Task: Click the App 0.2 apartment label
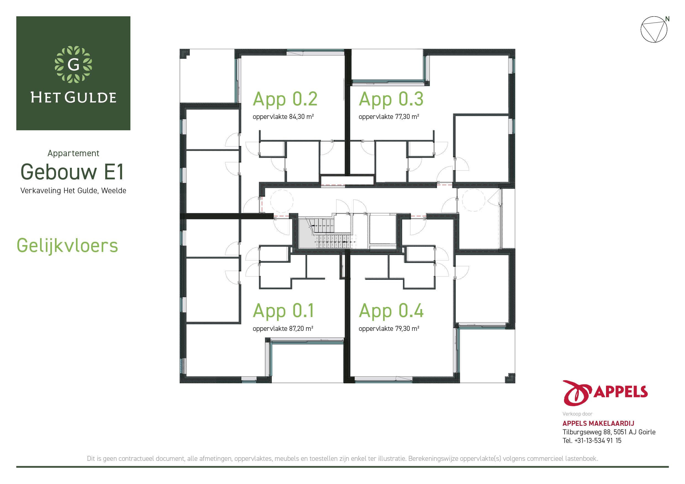tap(285, 99)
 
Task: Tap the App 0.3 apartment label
tap(391, 99)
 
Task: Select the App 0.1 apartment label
tap(283, 311)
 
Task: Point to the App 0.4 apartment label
tap(391, 311)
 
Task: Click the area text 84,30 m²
tap(301, 116)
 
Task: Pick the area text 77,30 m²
tap(407, 116)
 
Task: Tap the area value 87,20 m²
tap(301, 328)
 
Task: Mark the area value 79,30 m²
tap(407, 328)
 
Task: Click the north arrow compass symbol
tap(654, 29)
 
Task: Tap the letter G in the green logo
tap(73, 64)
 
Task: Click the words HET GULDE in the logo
tap(73, 97)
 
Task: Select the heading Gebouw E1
tap(72, 172)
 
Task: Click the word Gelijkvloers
tap(67, 246)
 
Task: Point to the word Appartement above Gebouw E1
tap(73, 153)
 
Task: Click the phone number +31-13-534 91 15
tap(598, 440)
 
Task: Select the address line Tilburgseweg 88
tap(587, 432)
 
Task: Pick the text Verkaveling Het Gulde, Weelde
tap(73, 190)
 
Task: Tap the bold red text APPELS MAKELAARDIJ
tap(599, 423)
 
